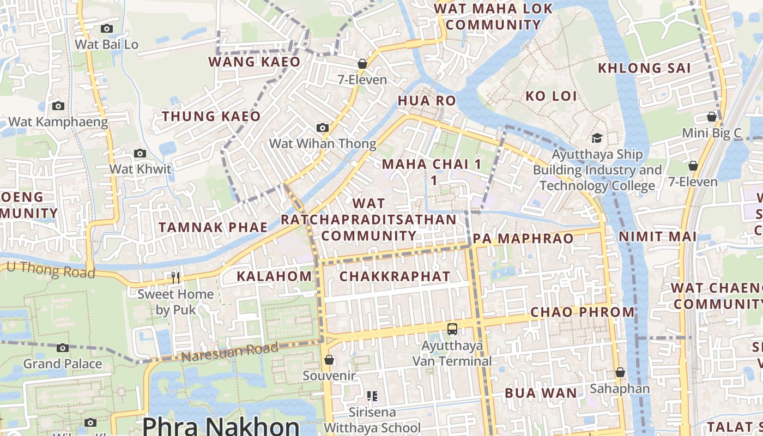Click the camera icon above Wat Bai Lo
click(107, 28)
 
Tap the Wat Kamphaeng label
click(58, 122)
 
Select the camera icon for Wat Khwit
click(140, 154)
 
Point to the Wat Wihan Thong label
click(323, 144)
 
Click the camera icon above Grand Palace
click(63, 348)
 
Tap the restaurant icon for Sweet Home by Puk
click(175, 278)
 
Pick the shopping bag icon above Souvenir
click(329, 360)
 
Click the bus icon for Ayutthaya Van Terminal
click(452, 329)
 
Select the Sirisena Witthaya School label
click(373, 420)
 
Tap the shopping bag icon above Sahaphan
click(620, 372)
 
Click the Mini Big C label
click(712, 133)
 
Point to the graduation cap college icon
click(597, 138)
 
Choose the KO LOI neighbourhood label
click(551, 96)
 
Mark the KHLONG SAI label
click(644, 68)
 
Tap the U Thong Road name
click(51, 269)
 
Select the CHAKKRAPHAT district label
click(395, 276)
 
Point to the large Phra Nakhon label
click(221, 425)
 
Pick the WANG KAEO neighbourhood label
click(255, 62)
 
